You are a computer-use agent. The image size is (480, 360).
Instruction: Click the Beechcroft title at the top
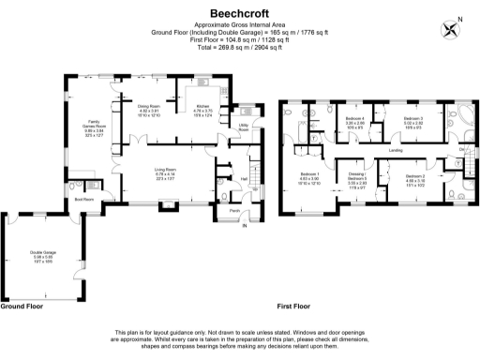coord(240,13)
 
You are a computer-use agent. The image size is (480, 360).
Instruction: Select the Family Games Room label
coord(94,126)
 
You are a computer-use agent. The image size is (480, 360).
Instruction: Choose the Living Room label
coord(166,170)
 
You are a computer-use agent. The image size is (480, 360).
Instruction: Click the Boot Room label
coord(84,200)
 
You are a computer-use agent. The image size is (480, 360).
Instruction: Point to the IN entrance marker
coord(245,226)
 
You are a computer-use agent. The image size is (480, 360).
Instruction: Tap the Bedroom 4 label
coord(354,119)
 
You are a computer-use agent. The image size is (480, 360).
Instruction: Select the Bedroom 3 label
coord(413,119)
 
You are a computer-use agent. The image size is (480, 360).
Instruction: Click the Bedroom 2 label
coord(416,176)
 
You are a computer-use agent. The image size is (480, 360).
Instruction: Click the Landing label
coord(396,149)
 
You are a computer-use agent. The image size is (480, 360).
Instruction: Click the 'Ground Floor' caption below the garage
coord(21,306)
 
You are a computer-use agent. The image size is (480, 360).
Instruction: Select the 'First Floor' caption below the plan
coord(294,306)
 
